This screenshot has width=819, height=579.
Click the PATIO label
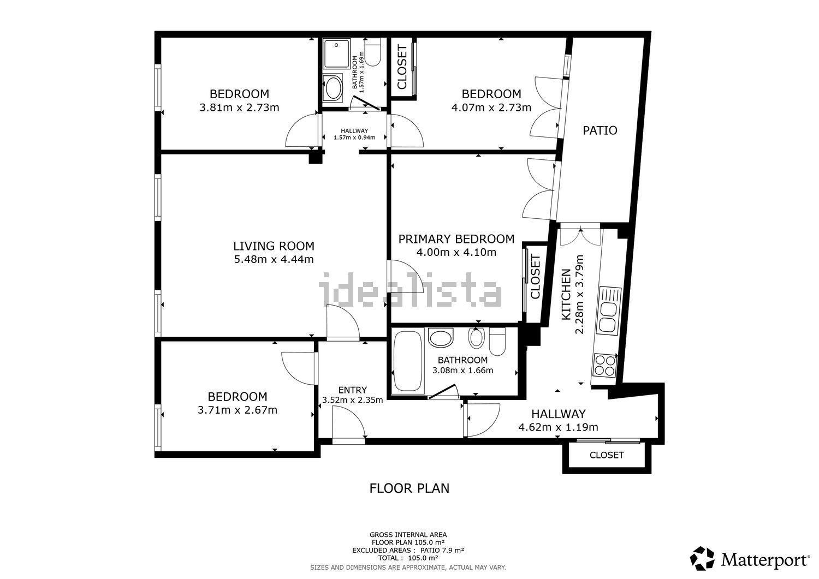coord(600,130)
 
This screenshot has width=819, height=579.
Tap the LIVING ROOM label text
coord(274,246)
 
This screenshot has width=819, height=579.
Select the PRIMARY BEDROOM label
coord(456,239)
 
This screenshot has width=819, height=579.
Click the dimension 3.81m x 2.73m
coord(239,108)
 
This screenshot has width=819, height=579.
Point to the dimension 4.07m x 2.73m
coord(491,108)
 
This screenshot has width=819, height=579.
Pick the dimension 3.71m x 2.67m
coord(238,410)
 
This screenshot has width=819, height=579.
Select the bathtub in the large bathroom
coord(408,361)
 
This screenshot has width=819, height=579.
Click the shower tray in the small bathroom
coord(337,54)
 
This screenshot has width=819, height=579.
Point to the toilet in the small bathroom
coord(372,52)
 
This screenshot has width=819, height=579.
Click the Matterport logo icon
coord(702,558)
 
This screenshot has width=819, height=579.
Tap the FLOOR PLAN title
coord(409,488)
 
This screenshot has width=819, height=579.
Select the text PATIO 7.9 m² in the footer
coord(442,550)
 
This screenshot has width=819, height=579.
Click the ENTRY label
coord(353,390)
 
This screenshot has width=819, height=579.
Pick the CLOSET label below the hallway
coord(607,455)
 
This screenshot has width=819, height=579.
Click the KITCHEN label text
coord(566,295)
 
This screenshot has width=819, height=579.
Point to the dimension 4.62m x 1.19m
coord(559,427)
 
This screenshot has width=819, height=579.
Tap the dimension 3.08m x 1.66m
coord(463,371)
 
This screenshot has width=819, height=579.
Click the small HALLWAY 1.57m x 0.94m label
coord(354,134)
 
